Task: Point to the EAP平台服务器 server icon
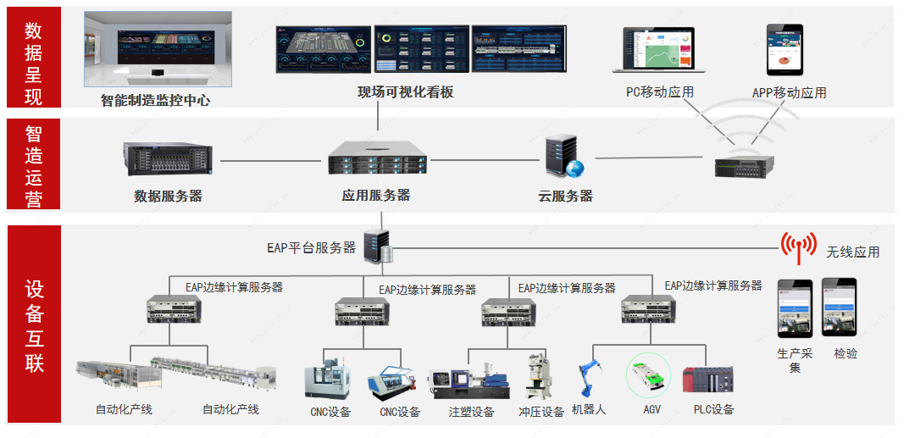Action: (x=376, y=247)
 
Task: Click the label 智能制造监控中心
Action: (x=155, y=100)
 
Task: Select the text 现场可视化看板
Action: (x=406, y=92)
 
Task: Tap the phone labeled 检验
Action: (x=839, y=308)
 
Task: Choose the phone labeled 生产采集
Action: (x=795, y=308)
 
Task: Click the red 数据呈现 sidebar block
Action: (x=33, y=57)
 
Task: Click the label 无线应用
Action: (x=852, y=252)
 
